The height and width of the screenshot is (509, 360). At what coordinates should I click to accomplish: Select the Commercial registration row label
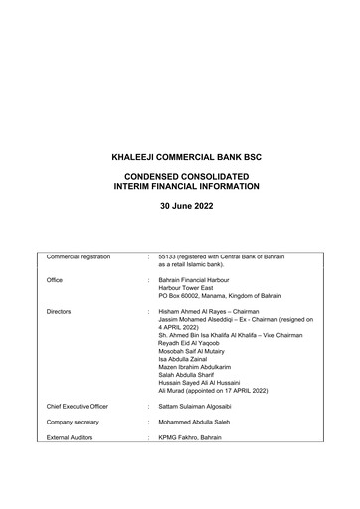pyautogui.click(x=86, y=256)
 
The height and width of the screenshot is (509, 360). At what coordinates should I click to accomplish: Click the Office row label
pyautogui.click(x=55, y=280)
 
